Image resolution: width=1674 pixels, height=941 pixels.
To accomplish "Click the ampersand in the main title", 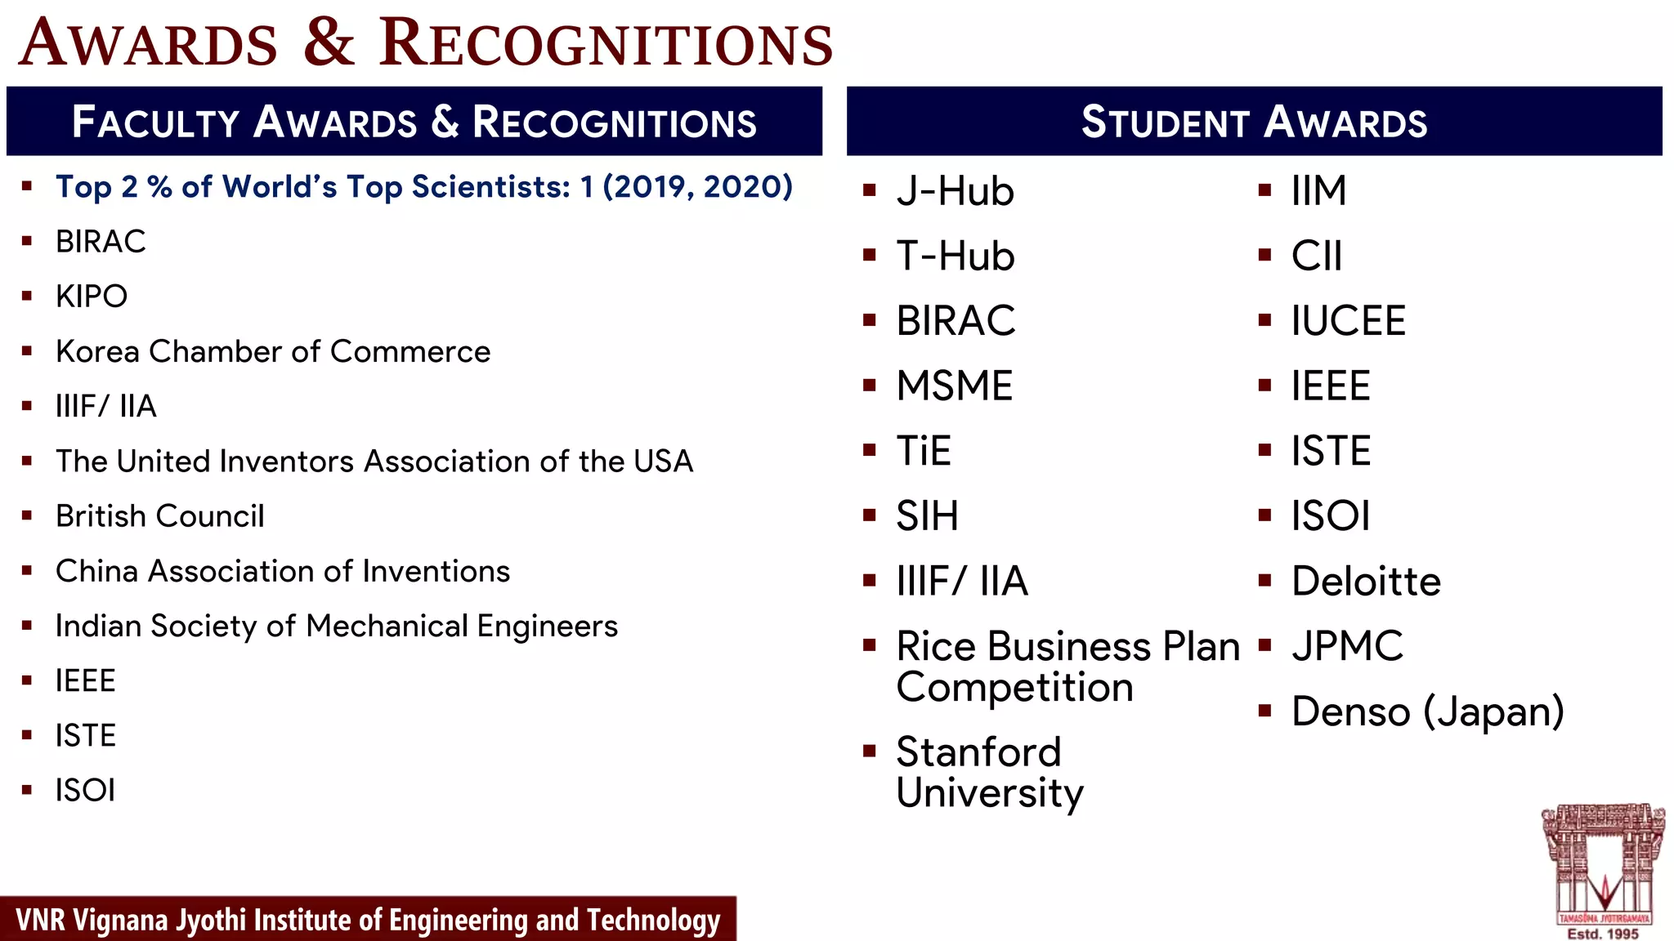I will click(x=329, y=42).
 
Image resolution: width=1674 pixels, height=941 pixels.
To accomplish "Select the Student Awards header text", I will click(x=1254, y=123).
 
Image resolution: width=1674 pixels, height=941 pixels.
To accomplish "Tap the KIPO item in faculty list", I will click(x=92, y=297).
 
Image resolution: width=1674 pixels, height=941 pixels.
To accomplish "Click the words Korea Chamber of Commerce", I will click(x=273, y=352).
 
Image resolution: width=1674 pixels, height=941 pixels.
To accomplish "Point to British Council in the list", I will click(x=160, y=516).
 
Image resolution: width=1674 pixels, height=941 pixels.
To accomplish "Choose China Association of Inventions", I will click(x=283, y=571).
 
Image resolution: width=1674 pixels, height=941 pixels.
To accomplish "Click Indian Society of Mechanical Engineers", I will click(x=337, y=627).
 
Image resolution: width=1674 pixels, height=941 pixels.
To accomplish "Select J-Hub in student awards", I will click(x=955, y=192).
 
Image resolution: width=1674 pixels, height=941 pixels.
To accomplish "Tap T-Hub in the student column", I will click(x=955, y=256).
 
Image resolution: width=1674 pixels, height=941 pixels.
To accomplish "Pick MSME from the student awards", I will click(x=954, y=386).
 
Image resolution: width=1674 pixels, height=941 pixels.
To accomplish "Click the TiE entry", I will click(x=924, y=451).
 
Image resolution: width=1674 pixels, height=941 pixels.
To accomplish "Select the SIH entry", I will click(x=927, y=516).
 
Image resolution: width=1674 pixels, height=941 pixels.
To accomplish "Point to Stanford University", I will click(x=989, y=772).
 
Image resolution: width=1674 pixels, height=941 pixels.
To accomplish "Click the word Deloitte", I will click(x=1366, y=582).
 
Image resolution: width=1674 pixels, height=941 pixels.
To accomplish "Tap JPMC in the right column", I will click(x=1347, y=646).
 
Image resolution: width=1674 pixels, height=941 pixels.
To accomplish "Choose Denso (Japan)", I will click(x=1427, y=711).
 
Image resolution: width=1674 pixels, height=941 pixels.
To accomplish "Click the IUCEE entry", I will click(x=1348, y=321).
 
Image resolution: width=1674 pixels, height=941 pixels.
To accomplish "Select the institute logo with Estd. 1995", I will click(x=1603, y=870).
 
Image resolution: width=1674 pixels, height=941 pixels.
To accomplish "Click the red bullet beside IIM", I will click(x=1264, y=191).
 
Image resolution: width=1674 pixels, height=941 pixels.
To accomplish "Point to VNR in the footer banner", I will click(x=40, y=921).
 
